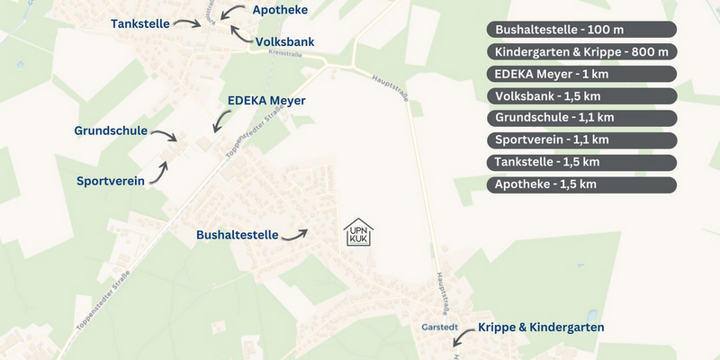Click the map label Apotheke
[281, 10]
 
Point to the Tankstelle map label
[140, 23]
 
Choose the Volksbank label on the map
[284, 41]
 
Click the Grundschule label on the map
[111, 130]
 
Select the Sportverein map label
[111, 181]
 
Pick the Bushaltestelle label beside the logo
[238, 235]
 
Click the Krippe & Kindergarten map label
[541, 328]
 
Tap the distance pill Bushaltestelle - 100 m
[581, 30]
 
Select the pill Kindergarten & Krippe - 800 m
[581, 51]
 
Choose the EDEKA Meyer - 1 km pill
[581, 74]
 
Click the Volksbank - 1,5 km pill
[581, 95]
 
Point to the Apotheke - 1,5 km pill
[581, 184]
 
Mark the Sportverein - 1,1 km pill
[581, 139]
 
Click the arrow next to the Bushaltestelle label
[295, 235]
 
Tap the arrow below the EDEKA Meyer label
[220, 121]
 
